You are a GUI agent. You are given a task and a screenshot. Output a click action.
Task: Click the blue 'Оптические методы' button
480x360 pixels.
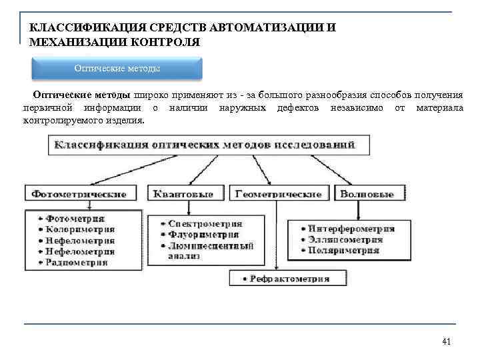(117, 69)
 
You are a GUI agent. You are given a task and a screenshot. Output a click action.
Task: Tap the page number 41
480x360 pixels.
(447, 342)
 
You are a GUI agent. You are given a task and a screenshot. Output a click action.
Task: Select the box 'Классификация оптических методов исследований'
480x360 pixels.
(204, 145)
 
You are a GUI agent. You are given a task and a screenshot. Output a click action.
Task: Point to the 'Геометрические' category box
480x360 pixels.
(278, 194)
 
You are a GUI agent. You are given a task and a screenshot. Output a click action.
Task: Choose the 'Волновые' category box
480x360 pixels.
(367, 194)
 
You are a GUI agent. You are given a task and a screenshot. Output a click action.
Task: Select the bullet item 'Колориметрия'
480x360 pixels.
(79, 229)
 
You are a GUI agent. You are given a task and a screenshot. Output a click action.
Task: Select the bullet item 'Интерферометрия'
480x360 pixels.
(351, 229)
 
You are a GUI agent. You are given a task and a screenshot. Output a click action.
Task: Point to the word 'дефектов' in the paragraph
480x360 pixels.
(297, 108)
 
